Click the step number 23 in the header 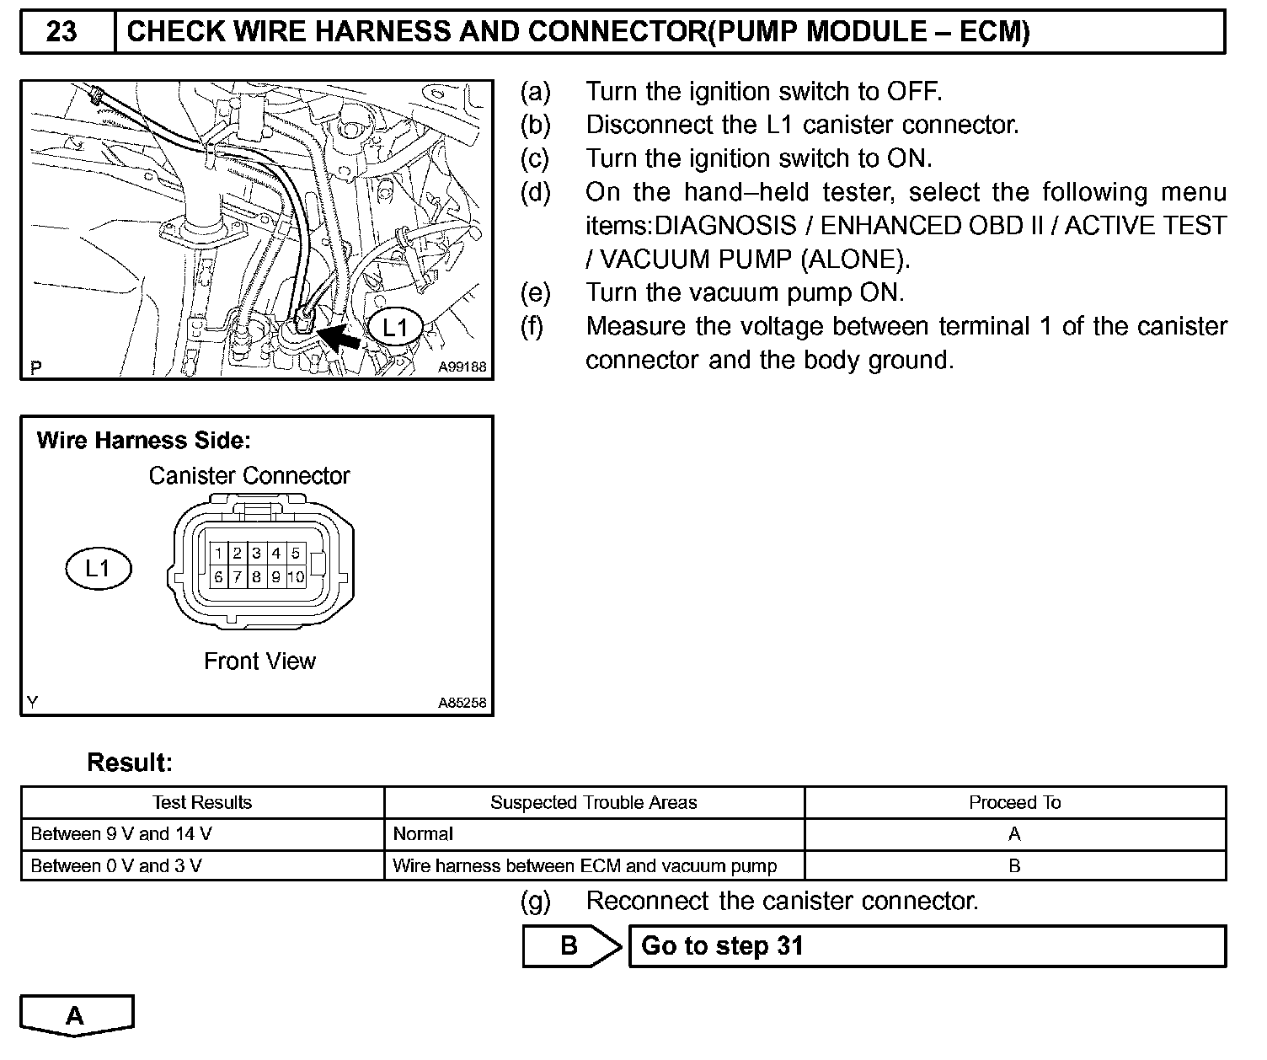point(61,32)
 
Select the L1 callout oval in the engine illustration point(394,327)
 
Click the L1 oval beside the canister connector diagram point(99,569)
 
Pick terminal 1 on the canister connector point(218,553)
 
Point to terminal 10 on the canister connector point(296,577)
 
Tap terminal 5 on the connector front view point(296,553)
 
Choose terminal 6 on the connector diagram point(218,577)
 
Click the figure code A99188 point(462,367)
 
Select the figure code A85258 point(462,703)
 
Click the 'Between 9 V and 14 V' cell point(120,834)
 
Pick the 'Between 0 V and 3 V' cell point(115,866)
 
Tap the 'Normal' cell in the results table point(423,834)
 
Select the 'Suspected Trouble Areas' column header point(593,802)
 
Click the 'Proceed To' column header point(1014,802)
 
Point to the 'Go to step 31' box point(927,946)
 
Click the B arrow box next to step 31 point(570,946)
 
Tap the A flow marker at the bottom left point(76,1015)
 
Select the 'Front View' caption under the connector point(259,661)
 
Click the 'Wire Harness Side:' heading point(143,441)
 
